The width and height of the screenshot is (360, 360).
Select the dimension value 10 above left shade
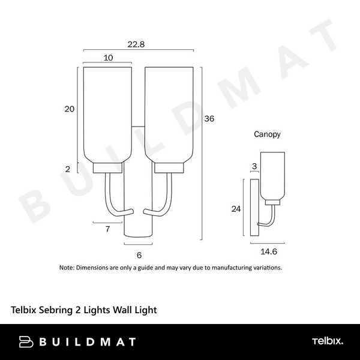[108, 58]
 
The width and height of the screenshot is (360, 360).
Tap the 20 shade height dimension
[70, 109]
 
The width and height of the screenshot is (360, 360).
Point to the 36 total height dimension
[209, 119]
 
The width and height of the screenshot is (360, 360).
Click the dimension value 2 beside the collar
[68, 169]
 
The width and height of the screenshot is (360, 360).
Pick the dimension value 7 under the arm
[107, 229]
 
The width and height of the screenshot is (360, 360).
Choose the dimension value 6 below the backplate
[139, 255]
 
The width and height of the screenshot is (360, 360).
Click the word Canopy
[267, 134]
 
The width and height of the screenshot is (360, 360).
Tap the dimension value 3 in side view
[254, 166]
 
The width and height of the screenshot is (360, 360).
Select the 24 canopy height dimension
[236, 209]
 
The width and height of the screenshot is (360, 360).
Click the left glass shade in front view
[107, 114]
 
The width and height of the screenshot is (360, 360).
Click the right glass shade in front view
[169, 114]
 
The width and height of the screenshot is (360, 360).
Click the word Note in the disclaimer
[66, 268]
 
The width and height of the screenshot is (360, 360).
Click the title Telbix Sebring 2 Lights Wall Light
[84, 310]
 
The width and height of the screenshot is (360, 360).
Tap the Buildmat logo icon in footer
[25, 342]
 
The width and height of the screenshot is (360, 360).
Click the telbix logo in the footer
[328, 341]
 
